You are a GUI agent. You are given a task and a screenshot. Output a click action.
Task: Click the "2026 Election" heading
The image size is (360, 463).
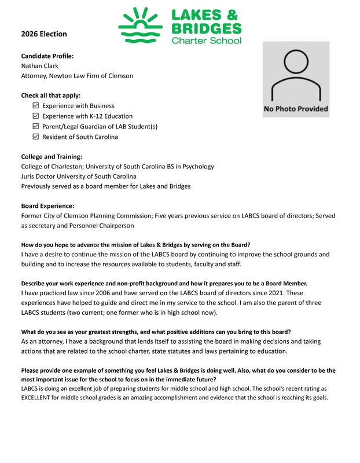pyautogui.click(x=44, y=34)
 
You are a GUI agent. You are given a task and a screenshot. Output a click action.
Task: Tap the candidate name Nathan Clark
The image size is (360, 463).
pyautogui.click(x=39, y=66)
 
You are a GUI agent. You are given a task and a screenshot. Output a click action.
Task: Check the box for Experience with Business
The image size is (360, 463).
pyautogui.click(x=36, y=106)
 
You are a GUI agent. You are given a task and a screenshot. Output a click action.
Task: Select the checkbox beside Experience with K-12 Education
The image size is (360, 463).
pyautogui.click(x=36, y=116)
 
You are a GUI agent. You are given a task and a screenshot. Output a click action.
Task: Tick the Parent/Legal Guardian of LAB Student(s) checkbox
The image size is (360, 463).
pyautogui.click(x=36, y=127)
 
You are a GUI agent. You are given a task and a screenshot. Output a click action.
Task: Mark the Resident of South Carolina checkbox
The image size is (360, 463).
pyautogui.click(x=36, y=137)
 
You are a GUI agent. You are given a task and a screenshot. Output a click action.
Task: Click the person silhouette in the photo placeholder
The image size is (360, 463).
pyautogui.click(x=296, y=76)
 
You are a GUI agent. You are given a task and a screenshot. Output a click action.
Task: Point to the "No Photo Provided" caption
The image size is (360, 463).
pyautogui.click(x=296, y=109)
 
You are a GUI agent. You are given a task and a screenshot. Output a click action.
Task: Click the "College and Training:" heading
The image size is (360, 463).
pyautogui.click(x=52, y=157)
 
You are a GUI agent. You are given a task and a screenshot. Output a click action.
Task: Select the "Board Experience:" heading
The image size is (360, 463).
pyautogui.click(x=47, y=205)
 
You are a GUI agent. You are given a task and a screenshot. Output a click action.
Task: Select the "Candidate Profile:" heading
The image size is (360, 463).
pyautogui.click(x=47, y=56)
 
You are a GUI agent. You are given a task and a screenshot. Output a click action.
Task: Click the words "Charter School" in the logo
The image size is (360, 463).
pyautogui.click(x=206, y=41)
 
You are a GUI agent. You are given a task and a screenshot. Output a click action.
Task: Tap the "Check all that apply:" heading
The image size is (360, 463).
pyautogui.click(x=50, y=95)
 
